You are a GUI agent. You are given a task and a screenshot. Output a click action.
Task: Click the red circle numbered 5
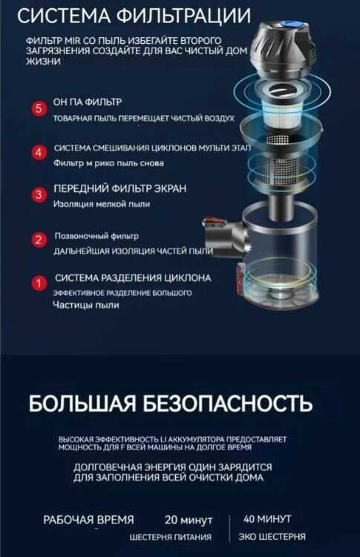pyautogui.click(x=39, y=109)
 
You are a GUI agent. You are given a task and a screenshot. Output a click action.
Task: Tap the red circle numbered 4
pyautogui.click(x=39, y=153)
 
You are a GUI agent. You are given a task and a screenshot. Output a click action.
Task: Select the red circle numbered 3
pyautogui.click(x=39, y=194)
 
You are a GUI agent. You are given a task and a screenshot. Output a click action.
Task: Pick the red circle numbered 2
pyautogui.click(x=39, y=240)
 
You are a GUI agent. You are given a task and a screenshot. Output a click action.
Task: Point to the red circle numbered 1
pyautogui.click(x=39, y=283)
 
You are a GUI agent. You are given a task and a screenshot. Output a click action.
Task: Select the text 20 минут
pyautogui.click(x=189, y=520)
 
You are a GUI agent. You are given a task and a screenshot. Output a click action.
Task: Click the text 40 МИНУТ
pyautogui.click(x=267, y=519)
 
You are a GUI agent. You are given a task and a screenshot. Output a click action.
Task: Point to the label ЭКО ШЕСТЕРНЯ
pyautogui.click(x=272, y=536)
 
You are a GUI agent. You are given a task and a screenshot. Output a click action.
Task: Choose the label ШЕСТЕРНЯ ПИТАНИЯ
pyautogui.click(x=170, y=537)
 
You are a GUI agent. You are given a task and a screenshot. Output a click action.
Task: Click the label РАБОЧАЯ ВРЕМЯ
pyautogui.click(x=88, y=520)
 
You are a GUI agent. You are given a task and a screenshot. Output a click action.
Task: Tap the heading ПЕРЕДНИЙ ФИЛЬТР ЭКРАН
pyautogui.click(x=120, y=188)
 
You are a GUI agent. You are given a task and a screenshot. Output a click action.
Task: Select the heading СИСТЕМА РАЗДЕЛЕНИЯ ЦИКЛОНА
pyautogui.click(x=133, y=278)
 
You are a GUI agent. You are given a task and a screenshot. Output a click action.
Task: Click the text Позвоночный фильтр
pyautogui.click(x=96, y=236)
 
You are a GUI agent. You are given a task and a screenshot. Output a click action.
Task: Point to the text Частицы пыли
pyautogui.click(x=85, y=305)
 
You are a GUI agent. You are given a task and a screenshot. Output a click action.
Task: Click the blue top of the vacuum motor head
pyautogui.click(x=290, y=26)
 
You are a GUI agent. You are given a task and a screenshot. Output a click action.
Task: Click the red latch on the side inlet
pyautogui.click(x=215, y=223)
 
